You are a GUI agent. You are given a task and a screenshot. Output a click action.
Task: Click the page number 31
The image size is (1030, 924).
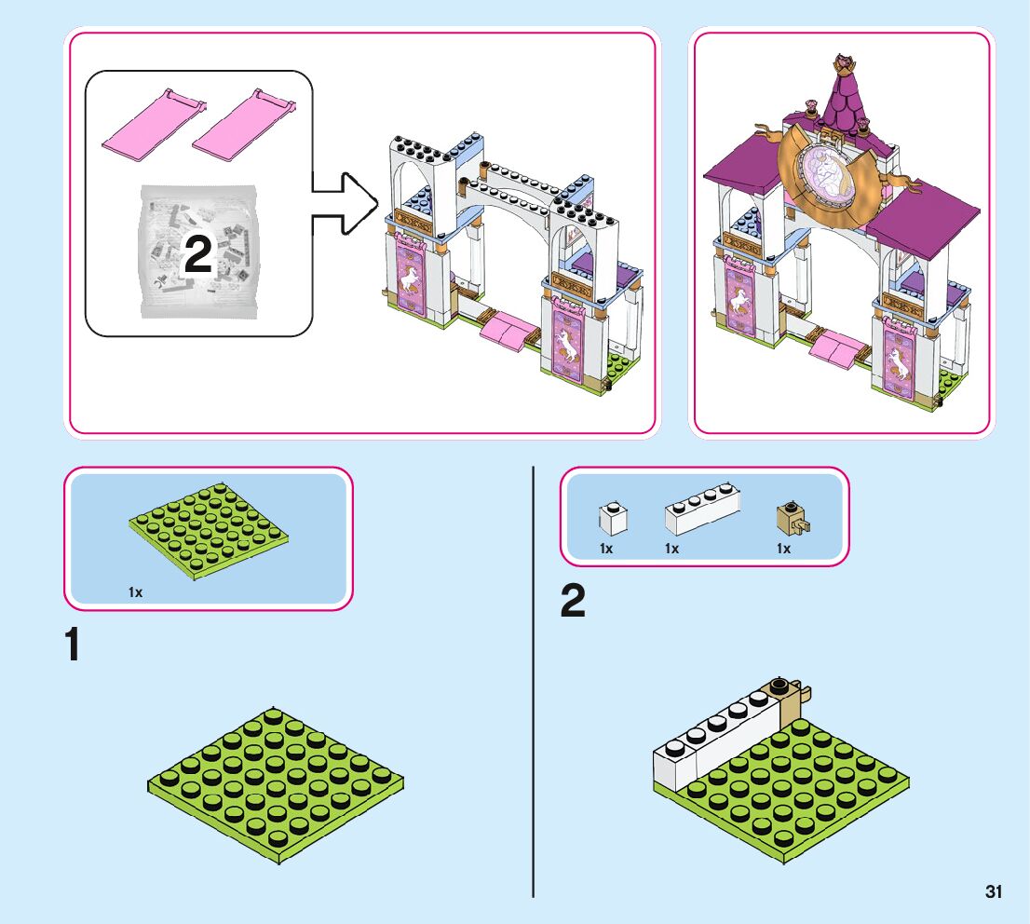[x=994, y=891]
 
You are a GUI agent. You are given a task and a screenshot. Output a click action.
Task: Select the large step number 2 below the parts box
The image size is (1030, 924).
[x=574, y=602]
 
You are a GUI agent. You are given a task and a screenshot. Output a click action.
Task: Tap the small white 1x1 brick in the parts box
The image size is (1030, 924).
[x=612, y=518]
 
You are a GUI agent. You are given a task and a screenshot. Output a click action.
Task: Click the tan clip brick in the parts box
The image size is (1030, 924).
[x=792, y=518]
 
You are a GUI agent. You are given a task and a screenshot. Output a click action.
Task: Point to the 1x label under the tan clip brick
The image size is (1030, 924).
[x=783, y=549]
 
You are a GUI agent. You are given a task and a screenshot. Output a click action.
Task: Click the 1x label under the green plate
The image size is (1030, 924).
[x=136, y=591]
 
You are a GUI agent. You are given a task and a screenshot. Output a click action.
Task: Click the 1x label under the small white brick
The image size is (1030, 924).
[x=606, y=549]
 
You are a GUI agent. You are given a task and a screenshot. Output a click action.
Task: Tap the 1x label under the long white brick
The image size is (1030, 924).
[x=672, y=549]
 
